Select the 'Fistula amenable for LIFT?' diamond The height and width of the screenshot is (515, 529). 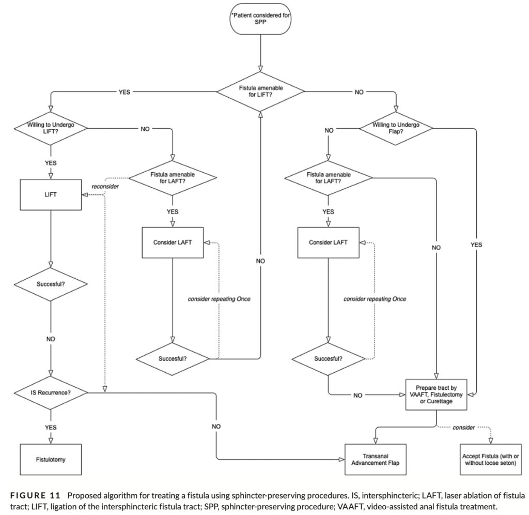point(260,92)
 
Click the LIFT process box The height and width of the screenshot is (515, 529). point(51,195)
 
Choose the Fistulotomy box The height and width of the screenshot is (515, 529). point(51,459)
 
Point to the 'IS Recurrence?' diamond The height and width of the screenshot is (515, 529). point(51,392)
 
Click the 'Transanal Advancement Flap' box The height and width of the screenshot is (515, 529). point(376,459)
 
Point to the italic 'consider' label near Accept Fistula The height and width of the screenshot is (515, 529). point(463,428)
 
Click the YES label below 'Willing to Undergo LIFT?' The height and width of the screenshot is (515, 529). point(51,162)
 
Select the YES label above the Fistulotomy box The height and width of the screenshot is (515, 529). point(51,427)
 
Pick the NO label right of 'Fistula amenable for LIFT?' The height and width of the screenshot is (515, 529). point(357,92)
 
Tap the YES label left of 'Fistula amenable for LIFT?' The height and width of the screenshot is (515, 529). point(124,92)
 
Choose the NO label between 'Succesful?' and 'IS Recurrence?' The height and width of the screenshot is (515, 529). point(51,339)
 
